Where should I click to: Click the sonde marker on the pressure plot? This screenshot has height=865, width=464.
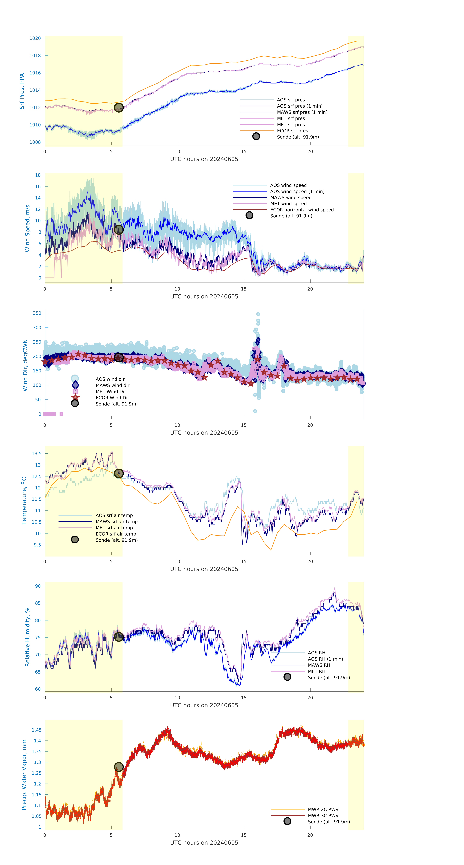(x=119, y=107)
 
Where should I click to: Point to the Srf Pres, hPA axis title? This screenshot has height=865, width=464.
(x=22, y=91)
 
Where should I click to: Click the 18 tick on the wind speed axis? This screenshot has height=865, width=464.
(x=38, y=175)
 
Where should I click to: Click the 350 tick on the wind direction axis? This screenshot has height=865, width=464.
(x=37, y=313)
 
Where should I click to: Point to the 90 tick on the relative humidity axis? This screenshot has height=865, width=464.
(x=38, y=586)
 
